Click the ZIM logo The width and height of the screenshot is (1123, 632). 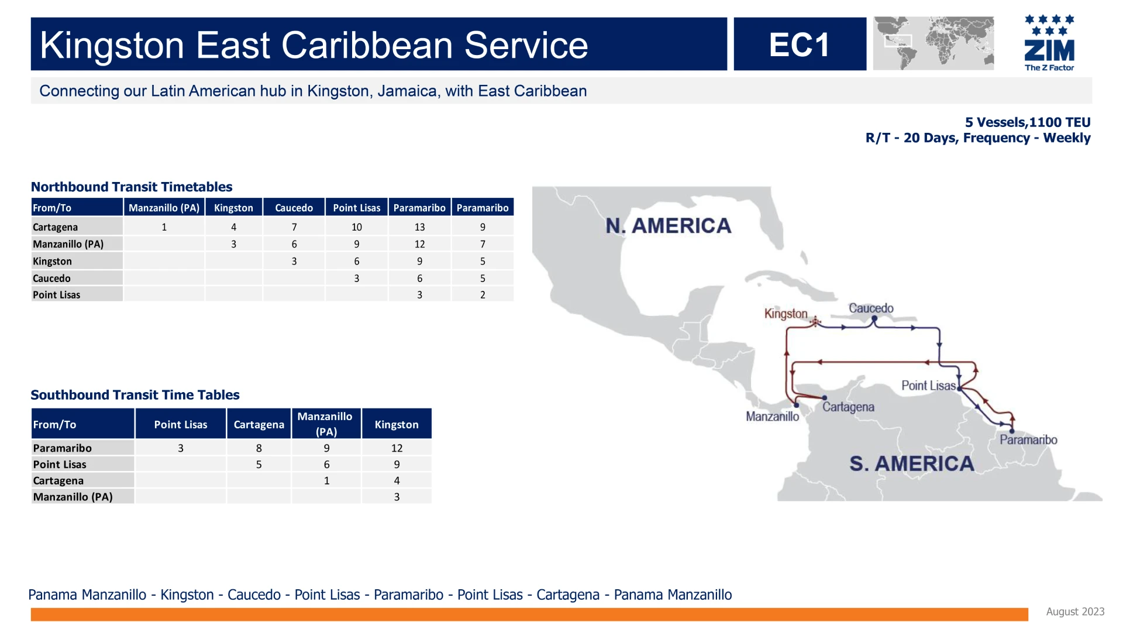[x=1049, y=43]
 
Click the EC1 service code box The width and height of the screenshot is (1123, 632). [x=800, y=44]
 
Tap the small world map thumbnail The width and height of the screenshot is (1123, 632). [x=933, y=43]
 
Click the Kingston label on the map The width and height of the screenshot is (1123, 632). [x=786, y=314]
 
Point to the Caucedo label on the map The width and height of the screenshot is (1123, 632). [x=871, y=308]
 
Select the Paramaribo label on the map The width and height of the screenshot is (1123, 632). [x=1028, y=439]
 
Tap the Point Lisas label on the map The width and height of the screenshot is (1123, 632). [x=928, y=386]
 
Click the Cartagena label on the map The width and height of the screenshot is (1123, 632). [x=848, y=407]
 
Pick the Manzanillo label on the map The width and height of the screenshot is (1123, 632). [x=772, y=417]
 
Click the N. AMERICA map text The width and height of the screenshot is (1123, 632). [x=668, y=226]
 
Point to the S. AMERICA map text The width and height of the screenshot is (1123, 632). [x=911, y=464]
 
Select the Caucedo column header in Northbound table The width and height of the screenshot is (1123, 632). [x=294, y=208]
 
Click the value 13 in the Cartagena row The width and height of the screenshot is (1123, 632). [x=419, y=227]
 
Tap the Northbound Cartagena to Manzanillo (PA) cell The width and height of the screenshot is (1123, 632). [x=164, y=227]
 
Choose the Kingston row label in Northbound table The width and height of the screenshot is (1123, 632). [x=52, y=262]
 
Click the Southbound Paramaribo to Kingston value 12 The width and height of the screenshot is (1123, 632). [x=397, y=448]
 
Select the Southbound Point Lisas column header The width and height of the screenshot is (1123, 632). [x=181, y=424]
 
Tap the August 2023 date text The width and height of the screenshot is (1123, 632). [x=1075, y=612]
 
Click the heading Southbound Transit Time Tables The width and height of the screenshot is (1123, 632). [x=135, y=395]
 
